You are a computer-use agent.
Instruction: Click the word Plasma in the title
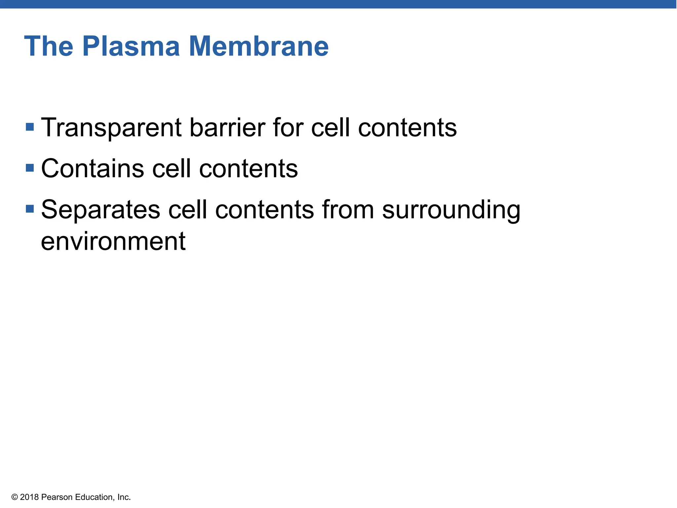(131, 46)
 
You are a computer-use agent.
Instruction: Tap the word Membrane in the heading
(259, 46)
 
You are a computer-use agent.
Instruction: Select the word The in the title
(49, 46)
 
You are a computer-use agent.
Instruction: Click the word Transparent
(111, 128)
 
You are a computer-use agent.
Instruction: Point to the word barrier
(227, 128)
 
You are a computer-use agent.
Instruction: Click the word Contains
(92, 169)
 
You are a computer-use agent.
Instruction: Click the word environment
(113, 241)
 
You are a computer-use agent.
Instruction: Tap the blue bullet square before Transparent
(30, 127)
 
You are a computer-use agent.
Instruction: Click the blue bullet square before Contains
(30, 168)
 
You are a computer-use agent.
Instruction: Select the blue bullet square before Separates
(30, 209)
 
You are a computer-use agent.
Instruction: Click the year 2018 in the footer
(29, 497)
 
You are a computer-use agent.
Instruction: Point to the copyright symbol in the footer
(15, 497)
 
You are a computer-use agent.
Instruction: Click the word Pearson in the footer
(57, 497)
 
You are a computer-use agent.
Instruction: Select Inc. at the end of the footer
(124, 497)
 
